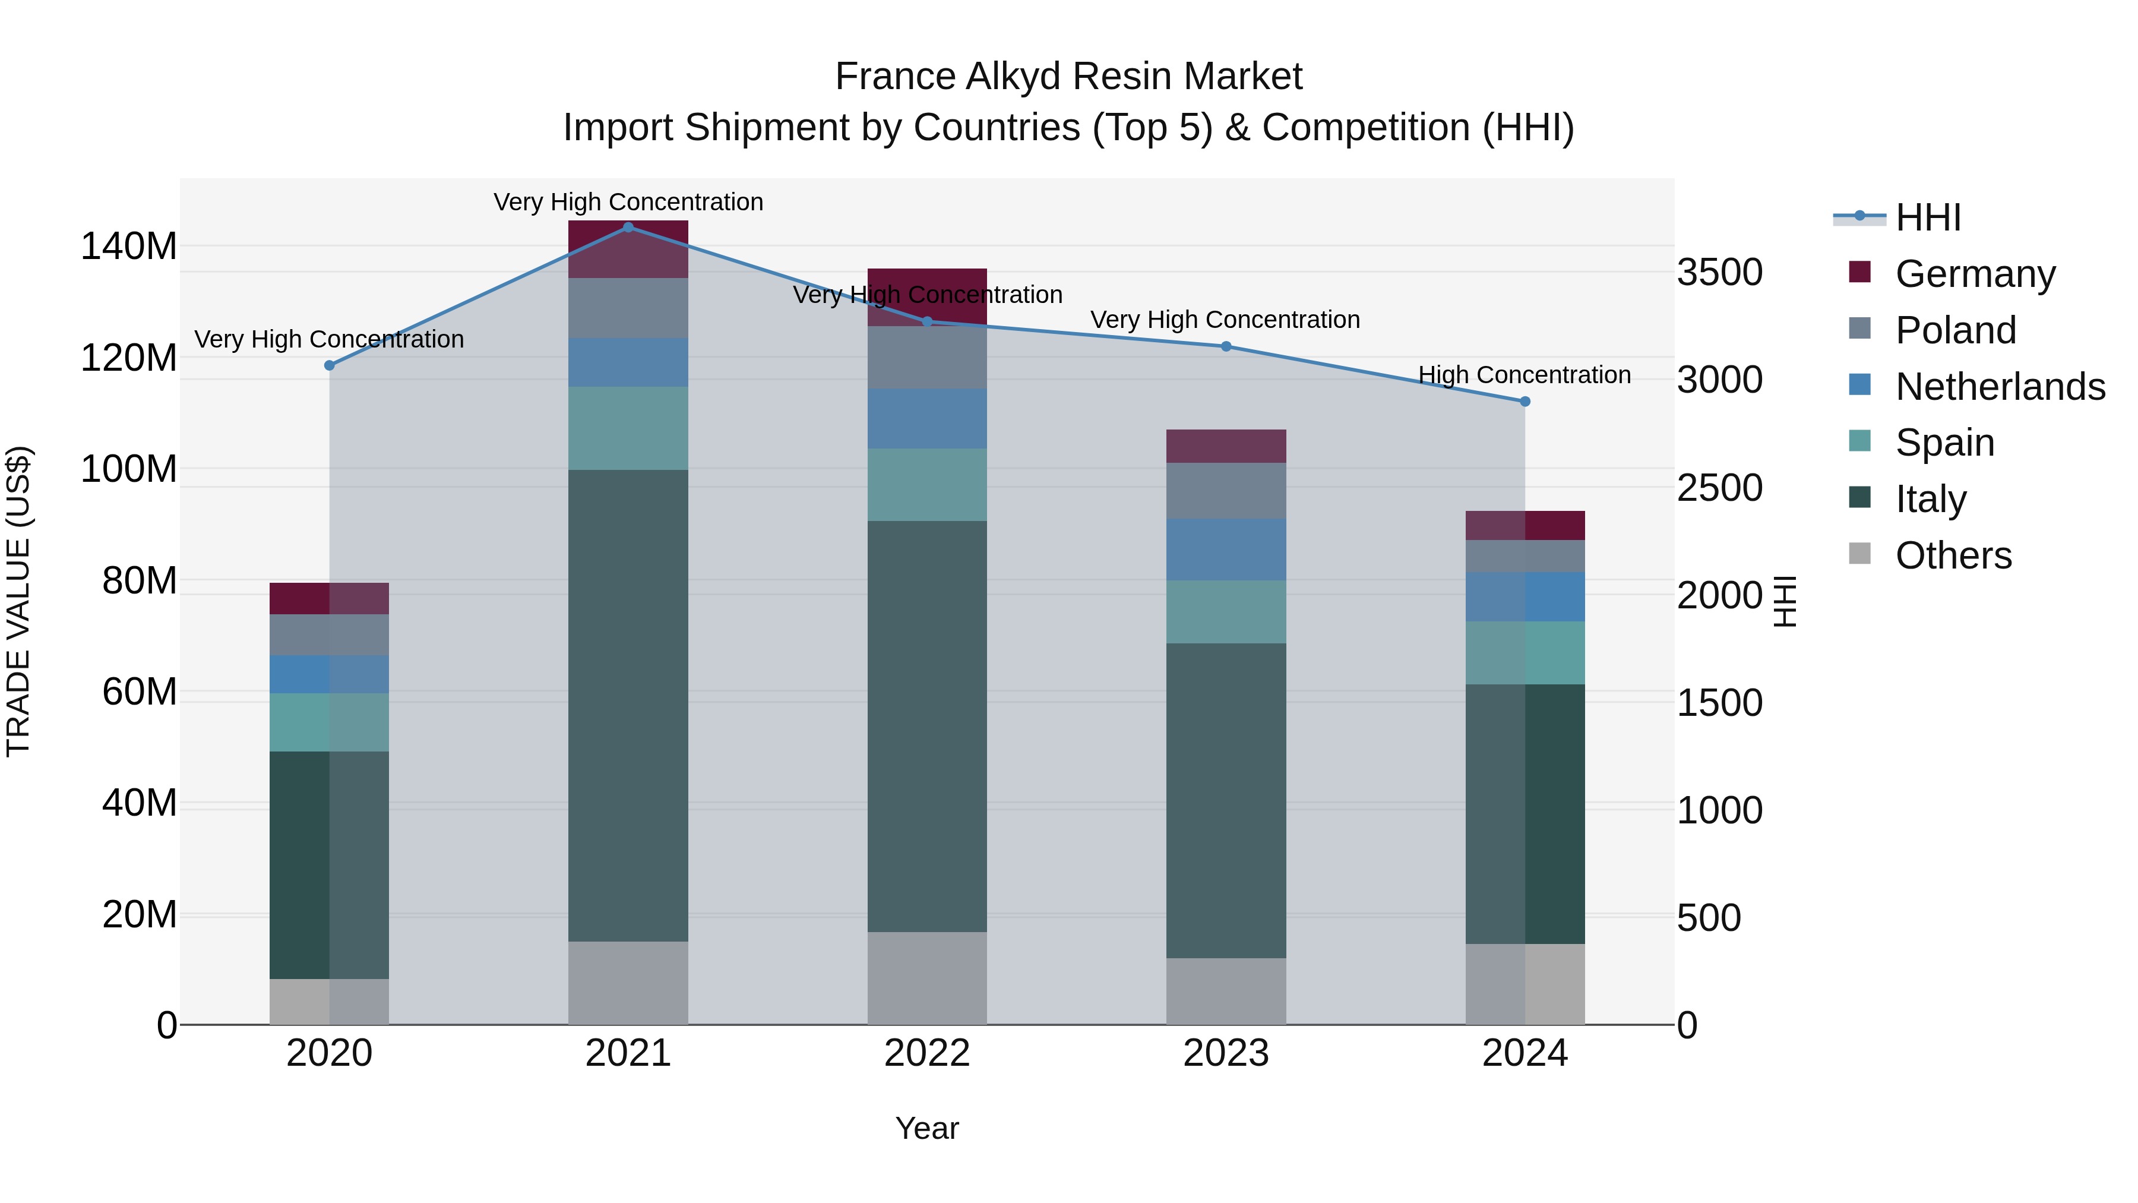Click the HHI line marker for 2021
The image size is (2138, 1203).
628,227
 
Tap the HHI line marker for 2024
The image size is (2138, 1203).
1525,401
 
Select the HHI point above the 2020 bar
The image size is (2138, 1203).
330,365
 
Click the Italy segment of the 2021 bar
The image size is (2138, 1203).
628,706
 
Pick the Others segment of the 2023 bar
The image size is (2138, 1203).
1226,992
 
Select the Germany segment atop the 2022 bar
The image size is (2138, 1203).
927,296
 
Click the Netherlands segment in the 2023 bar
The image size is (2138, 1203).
1226,550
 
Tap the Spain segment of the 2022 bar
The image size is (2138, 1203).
927,485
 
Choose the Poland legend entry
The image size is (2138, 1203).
1954,330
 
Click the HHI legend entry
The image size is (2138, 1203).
1928,217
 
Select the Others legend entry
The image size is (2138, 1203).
1953,555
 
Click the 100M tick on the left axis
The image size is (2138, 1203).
129,469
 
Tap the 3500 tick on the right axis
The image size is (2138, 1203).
1720,272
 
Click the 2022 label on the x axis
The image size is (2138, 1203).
927,1053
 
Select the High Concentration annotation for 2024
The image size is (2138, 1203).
1524,375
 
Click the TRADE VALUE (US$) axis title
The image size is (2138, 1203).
19,601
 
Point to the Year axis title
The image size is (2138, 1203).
927,1128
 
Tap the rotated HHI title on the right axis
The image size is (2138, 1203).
1785,601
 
